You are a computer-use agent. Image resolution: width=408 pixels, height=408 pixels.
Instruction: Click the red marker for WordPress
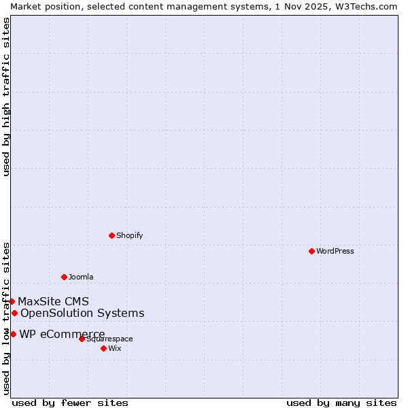coord(311,251)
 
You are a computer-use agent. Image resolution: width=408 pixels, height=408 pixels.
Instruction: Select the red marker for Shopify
coord(112,235)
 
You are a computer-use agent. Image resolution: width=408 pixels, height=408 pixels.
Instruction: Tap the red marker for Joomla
coord(64,277)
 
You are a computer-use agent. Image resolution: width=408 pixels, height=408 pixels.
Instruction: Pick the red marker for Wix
coord(103,348)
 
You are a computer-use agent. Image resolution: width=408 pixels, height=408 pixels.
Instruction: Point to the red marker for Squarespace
coord(82,339)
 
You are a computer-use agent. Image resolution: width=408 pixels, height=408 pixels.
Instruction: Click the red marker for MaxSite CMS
coord(12,301)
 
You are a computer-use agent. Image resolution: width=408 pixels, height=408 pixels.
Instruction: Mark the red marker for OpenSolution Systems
coord(14,313)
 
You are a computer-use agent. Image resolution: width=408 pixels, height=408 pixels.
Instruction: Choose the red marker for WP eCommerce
coord(13,334)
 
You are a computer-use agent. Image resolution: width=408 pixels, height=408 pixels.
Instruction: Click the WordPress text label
coord(335,251)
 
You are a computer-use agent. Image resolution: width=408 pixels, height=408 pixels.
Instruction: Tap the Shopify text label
coord(129,235)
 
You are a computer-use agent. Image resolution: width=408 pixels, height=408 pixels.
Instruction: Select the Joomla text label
coord(81,277)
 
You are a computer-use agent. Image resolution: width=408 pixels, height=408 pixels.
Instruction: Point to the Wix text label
coord(114,348)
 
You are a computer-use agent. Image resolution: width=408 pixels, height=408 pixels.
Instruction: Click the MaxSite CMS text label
coord(53,301)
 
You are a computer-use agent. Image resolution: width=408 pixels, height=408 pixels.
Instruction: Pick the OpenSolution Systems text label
coord(82,313)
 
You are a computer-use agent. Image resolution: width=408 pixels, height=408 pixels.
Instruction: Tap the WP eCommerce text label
coord(62,334)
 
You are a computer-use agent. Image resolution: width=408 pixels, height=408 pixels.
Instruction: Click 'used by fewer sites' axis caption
coord(70,403)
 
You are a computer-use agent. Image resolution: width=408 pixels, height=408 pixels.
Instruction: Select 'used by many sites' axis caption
coord(341,403)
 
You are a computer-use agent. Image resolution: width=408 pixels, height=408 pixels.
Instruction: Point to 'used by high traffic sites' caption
coord(6,97)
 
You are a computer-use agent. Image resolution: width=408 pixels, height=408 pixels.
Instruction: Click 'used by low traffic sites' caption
coord(6,318)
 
